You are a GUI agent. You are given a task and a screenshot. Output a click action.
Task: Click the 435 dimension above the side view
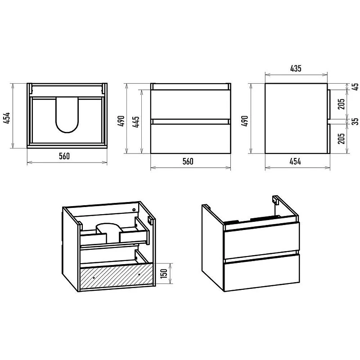(296, 68)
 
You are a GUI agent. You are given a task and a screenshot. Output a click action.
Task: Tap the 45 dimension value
(355, 86)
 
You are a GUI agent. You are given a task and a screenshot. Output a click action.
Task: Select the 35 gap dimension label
(355, 121)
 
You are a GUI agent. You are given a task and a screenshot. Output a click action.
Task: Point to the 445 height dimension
(135, 122)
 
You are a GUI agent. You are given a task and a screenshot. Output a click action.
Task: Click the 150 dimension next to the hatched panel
(164, 273)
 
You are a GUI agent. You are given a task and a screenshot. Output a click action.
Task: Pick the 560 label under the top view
(64, 156)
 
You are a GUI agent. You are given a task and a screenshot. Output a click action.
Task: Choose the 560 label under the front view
(188, 162)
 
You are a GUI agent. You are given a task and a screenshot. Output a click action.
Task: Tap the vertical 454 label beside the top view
(7, 118)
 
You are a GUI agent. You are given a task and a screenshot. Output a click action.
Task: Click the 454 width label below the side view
(295, 162)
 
